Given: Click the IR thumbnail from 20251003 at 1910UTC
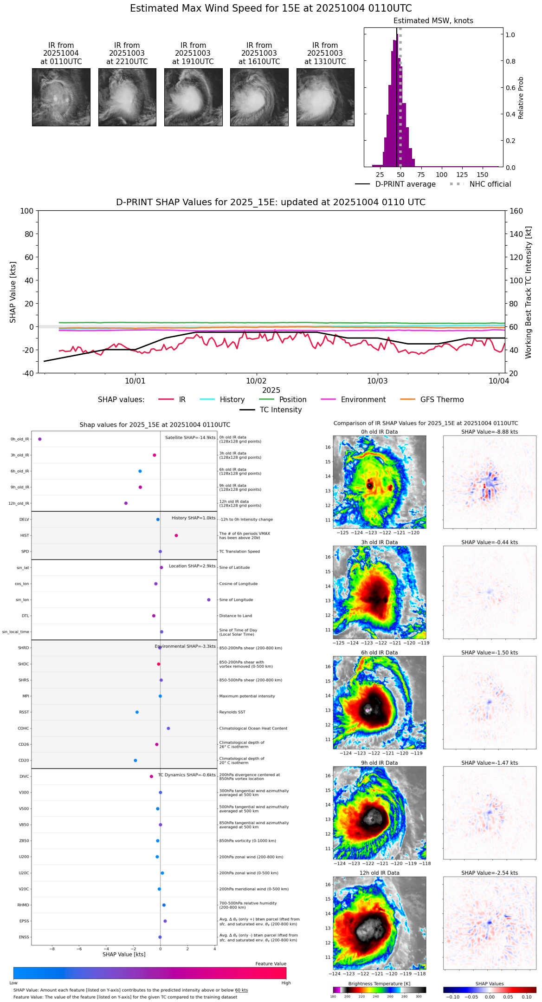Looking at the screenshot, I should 193,97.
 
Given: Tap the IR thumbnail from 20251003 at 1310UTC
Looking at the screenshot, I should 325,97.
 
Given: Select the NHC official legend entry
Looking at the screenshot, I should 490,184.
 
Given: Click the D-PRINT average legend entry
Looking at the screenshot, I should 405,184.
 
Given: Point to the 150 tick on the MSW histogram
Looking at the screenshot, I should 483,175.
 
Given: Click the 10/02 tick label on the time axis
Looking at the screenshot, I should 256,381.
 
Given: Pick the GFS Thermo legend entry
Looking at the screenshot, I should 442,400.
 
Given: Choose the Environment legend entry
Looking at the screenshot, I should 363,400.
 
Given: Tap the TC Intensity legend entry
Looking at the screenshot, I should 280,410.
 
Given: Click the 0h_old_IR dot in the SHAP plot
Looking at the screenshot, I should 40,439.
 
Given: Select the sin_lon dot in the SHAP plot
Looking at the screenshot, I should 209,600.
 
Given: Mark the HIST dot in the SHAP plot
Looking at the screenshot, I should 176,535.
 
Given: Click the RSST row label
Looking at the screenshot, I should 24,712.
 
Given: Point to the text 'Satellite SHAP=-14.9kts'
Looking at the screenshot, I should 190,438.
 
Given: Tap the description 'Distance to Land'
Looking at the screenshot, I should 235,616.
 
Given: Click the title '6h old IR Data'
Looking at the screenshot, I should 379,652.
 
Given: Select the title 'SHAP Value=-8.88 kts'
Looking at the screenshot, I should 490,432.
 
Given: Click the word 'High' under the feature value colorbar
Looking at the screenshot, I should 286,982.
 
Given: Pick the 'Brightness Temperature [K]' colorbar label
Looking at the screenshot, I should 379,983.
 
